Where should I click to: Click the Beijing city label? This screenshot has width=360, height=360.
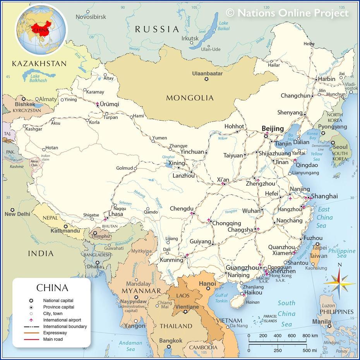click(273, 129)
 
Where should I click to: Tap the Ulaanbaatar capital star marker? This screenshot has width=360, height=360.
click(206, 79)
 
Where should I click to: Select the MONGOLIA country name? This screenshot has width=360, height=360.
click(190, 98)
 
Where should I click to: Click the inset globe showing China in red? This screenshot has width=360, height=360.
click(41, 29)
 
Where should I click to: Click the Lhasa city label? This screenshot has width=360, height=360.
click(116, 214)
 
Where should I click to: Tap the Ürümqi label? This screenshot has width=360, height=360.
click(110, 105)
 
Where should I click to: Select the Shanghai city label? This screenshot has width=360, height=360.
click(324, 196)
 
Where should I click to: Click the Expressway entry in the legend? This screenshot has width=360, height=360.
click(55, 333)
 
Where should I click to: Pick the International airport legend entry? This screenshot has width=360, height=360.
click(62, 320)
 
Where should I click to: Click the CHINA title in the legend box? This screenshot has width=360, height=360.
click(52, 288)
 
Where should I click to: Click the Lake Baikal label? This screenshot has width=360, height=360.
click(224, 26)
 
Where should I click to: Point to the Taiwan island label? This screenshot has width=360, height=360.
click(319, 255)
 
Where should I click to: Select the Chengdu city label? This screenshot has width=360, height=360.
click(181, 209)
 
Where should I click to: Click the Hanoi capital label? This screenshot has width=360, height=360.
click(207, 284)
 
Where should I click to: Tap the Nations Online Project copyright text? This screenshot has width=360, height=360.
click(287, 13)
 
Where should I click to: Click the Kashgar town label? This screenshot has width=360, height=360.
click(34, 129)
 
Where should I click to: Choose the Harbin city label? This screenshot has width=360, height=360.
click(327, 79)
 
